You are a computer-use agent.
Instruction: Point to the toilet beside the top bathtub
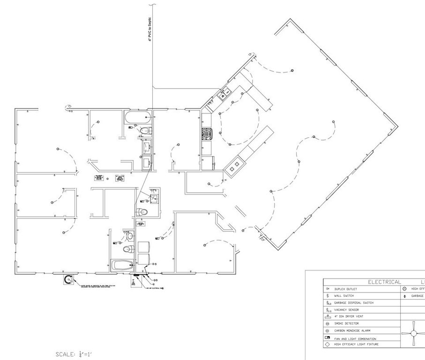[145, 130]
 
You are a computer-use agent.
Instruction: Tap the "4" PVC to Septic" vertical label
[149, 31]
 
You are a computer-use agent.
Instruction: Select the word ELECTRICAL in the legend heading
[384, 282]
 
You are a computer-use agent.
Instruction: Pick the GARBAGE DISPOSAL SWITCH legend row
[354, 303]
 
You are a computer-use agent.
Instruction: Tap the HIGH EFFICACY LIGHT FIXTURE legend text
[356, 345]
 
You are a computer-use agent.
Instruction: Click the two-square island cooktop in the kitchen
[235, 165]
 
